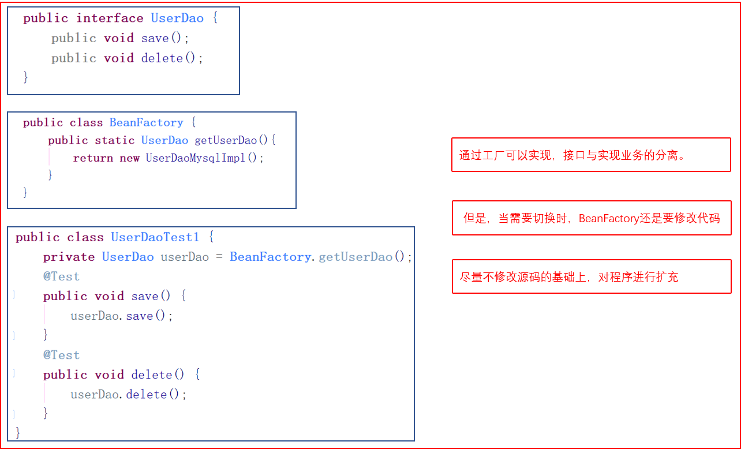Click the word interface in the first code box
click(x=110, y=18)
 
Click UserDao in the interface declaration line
click(x=177, y=18)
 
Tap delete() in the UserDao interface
click(x=172, y=58)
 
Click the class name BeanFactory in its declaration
click(x=146, y=122)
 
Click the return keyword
click(x=93, y=158)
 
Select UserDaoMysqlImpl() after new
click(x=204, y=158)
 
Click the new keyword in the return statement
click(x=129, y=158)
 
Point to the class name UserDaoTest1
click(x=155, y=237)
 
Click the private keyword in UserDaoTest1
click(x=69, y=257)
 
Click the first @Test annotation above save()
click(x=61, y=276)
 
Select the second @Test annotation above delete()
click(x=61, y=355)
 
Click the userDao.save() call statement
click(x=122, y=316)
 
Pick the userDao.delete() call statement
click(x=129, y=394)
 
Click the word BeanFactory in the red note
click(x=609, y=218)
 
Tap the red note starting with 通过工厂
click(x=591, y=155)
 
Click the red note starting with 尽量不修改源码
click(x=591, y=276)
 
